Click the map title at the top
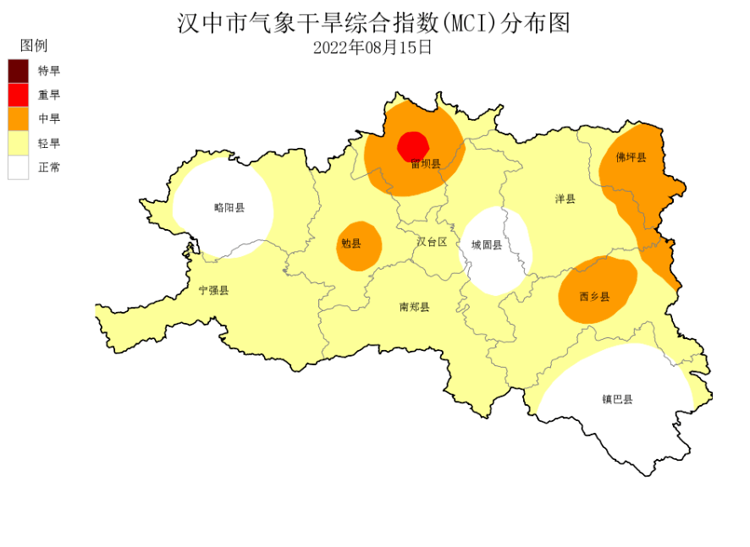[x=373, y=23]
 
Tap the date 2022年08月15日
[x=373, y=47]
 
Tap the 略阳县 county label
[x=229, y=207]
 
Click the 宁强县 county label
[x=213, y=290]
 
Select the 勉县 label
[x=350, y=244]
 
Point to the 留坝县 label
[x=425, y=163]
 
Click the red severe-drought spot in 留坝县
[x=414, y=145]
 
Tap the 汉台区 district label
[x=431, y=242]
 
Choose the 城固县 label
[x=487, y=245]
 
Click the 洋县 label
[x=565, y=200]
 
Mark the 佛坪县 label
[x=631, y=157]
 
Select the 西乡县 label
[x=594, y=297]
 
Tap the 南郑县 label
[x=414, y=307]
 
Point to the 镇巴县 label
[x=617, y=399]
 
